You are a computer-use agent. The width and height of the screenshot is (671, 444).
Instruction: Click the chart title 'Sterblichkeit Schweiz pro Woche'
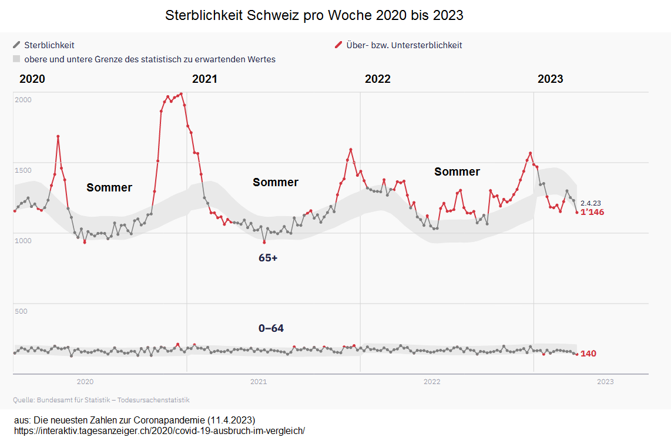pos(314,15)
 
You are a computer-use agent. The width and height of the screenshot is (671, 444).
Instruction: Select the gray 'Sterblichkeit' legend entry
pos(49,45)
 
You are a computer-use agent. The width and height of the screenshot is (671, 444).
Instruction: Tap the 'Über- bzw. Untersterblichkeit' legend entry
pos(403,45)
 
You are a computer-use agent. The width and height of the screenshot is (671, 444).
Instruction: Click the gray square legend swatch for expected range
pos(16,59)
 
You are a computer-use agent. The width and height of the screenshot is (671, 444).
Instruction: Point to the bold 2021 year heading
pos(204,79)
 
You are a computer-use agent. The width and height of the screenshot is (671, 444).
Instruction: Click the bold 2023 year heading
pos(550,79)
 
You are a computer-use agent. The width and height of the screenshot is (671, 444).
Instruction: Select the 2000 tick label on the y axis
pos(23,100)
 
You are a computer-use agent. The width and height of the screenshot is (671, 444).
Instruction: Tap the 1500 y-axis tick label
pos(23,170)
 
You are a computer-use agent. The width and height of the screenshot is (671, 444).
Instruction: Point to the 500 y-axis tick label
pos(21,311)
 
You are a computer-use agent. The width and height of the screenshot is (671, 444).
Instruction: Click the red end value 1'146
pos(592,212)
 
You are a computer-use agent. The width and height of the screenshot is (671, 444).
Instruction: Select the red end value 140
pos(588,354)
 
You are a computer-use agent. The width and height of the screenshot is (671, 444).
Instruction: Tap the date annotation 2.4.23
pos(591,203)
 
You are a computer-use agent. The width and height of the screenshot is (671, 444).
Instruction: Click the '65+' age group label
pos(268,257)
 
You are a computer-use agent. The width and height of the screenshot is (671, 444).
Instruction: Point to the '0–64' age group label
pos(271,328)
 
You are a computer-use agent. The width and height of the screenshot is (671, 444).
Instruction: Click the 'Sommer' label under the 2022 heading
pos(457,171)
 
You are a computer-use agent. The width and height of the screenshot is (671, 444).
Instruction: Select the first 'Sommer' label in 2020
pos(109,187)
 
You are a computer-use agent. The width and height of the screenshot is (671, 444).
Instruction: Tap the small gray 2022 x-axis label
pos(432,382)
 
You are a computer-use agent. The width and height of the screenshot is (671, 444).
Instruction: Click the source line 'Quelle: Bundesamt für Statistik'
pos(101,400)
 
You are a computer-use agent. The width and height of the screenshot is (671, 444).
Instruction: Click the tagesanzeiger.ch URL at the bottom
pos(159,430)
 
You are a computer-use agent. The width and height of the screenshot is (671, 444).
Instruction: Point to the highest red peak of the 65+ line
pos(180,93)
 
